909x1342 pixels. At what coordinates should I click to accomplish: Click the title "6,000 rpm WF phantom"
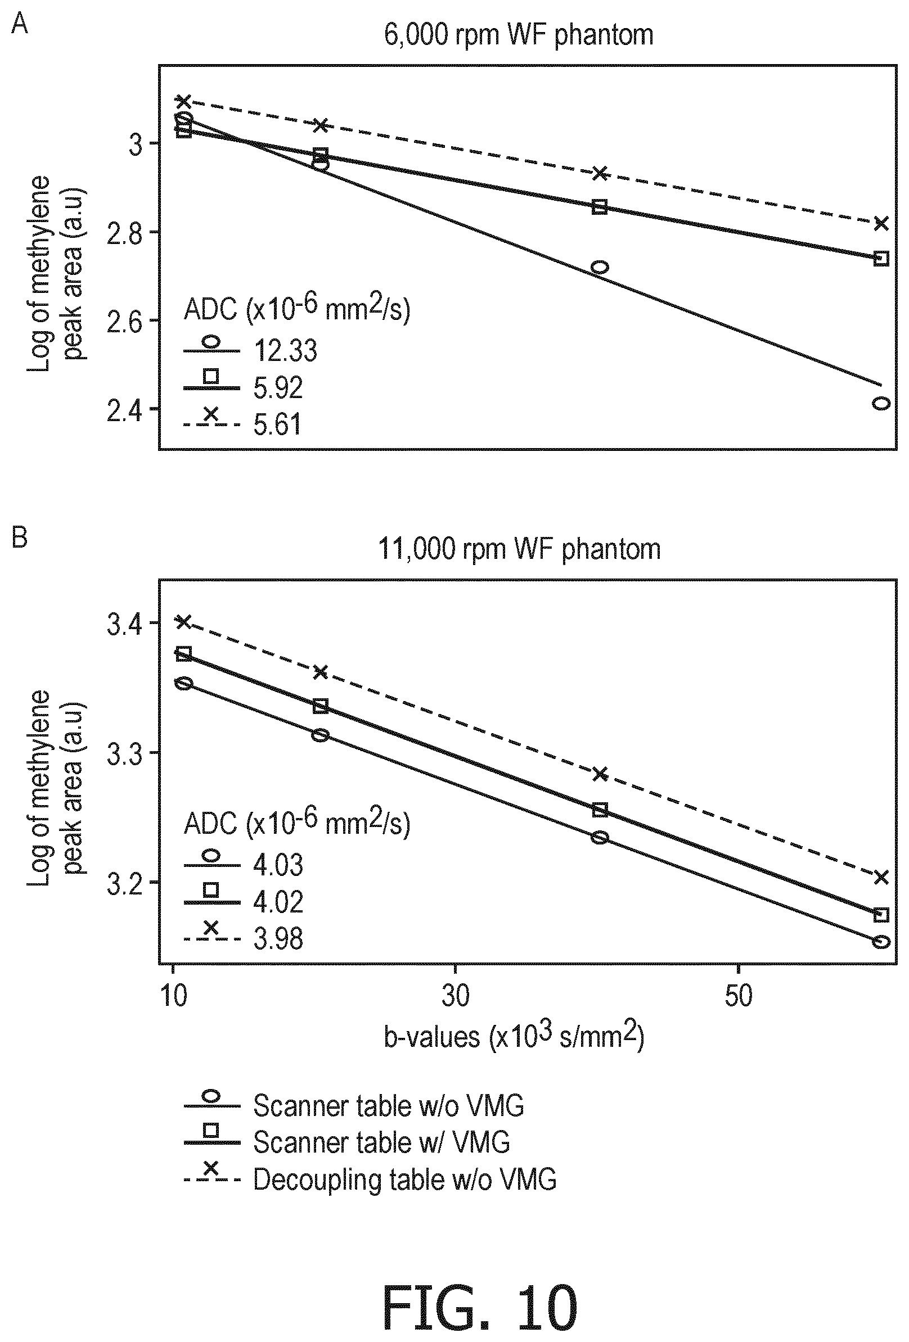[x=519, y=35]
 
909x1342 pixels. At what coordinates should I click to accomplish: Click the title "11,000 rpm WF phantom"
[x=519, y=548]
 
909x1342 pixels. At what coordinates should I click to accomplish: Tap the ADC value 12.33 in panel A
[x=286, y=350]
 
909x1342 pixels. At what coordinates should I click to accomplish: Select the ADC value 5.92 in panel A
[x=278, y=388]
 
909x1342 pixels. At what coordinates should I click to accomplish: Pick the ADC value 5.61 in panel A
[x=277, y=424]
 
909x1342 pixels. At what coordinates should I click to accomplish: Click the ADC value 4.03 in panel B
[x=278, y=865]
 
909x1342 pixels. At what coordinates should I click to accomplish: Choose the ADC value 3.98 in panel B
[x=278, y=938]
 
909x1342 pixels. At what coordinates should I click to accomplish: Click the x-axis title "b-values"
[x=431, y=1037]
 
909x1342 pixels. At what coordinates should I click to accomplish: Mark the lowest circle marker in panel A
[x=881, y=403]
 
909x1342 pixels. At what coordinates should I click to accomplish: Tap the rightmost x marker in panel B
[x=881, y=878]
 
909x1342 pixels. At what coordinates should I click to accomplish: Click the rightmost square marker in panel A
[x=881, y=258]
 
